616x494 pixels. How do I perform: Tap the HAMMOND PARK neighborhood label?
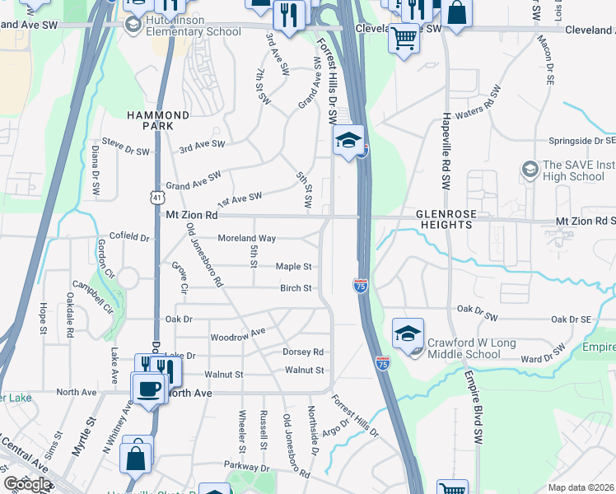pyautogui.click(x=157, y=120)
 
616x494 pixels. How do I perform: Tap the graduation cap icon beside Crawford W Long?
pyautogui.click(x=408, y=334)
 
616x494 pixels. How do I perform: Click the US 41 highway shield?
pyautogui.click(x=156, y=197)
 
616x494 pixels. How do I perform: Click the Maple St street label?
pyautogui.click(x=293, y=267)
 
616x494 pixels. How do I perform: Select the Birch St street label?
pyautogui.click(x=296, y=288)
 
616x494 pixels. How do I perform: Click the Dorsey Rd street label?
pyautogui.click(x=303, y=352)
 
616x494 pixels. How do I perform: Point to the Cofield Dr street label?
pyautogui.click(x=129, y=238)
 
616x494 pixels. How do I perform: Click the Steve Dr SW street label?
pyautogui.click(x=125, y=147)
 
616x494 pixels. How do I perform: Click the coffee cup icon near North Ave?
pyautogui.click(x=149, y=387)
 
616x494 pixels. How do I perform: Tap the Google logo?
pyautogui.click(x=27, y=484)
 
